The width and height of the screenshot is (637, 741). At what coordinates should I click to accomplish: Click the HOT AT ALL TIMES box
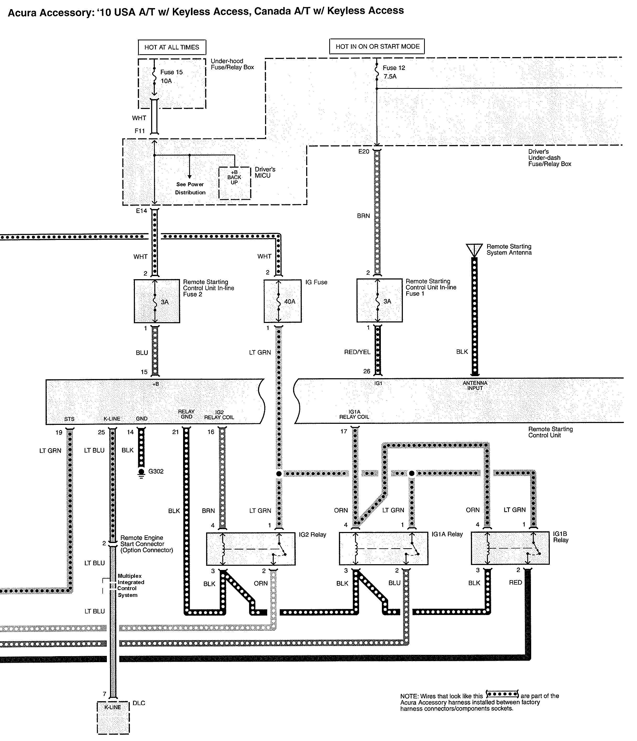click(x=172, y=47)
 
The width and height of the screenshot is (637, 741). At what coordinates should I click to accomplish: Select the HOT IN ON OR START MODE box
click(x=377, y=46)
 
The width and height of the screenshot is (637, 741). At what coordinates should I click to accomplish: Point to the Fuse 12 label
click(x=393, y=68)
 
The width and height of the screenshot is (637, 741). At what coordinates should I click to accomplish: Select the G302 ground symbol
click(x=142, y=473)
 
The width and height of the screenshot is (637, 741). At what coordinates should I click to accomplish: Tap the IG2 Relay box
click(x=251, y=548)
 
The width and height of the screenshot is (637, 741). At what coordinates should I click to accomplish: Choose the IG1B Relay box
click(x=510, y=548)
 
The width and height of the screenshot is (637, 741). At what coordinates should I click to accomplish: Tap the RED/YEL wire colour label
click(x=357, y=352)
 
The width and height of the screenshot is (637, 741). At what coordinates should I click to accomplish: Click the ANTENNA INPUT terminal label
click(x=475, y=385)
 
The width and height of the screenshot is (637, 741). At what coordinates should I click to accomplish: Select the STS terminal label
click(x=69, y=419)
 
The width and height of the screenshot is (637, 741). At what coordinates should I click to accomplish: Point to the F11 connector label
click(x=140, y=131)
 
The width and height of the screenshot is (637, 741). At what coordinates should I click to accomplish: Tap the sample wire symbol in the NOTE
click(x=502, y=695)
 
